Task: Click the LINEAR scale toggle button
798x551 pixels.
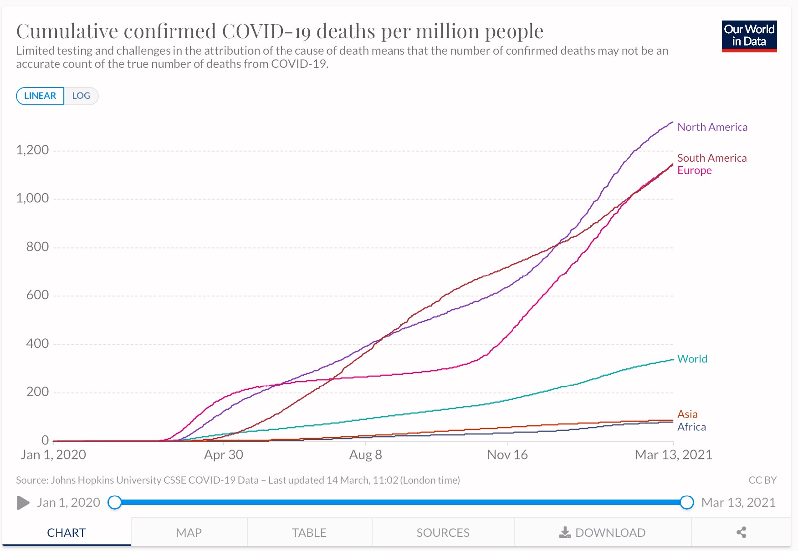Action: (40, 96)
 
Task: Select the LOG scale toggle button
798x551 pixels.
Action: (81, 96)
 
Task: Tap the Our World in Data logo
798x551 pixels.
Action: (749, 36)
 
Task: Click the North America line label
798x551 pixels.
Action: (712, 127)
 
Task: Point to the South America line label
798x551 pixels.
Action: (711, 158)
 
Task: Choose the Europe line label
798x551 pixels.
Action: (694, 170)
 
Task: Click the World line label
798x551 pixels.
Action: (692, 359)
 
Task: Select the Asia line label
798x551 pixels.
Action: (687, 414)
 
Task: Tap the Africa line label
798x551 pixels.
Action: (691, 427)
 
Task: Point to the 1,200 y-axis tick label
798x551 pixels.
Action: (32, 150)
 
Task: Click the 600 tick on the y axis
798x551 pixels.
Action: (37, 295)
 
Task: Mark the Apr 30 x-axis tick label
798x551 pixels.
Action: (223, 454)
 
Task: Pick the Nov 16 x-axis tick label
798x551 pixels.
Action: (507, 454)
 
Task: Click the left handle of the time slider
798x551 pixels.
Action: (115, 502)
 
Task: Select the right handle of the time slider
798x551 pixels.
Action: (686, 502)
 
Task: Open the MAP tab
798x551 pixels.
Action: (189, 532)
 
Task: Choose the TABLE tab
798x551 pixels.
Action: (309, 532)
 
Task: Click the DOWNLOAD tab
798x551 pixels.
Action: (602, 532)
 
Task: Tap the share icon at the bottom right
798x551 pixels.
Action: (741, 532)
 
